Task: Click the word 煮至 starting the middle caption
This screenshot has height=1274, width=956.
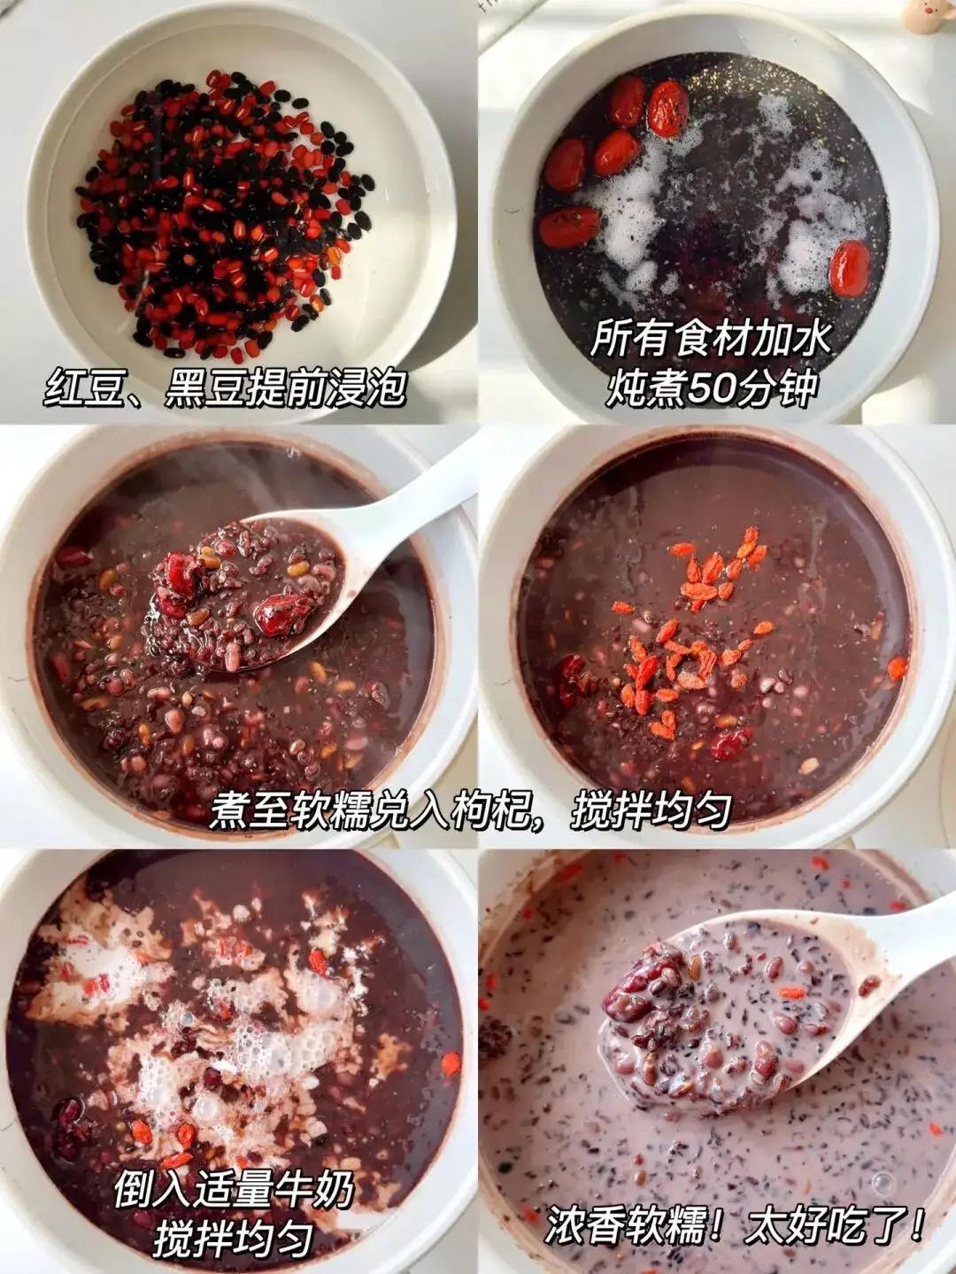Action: pyautogui.click(x=249, y=807)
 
